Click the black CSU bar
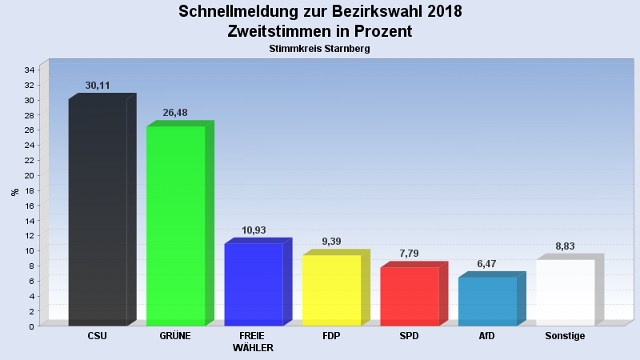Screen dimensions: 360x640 [98, 212]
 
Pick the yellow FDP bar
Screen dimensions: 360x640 [331, 290]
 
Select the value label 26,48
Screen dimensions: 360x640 [175, 113]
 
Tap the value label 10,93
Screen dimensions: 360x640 [254, 230]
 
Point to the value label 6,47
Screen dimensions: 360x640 [487, 263]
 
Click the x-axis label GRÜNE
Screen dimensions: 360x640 [175, 336]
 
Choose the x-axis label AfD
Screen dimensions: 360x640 [487, 336]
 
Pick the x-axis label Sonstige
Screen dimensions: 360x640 [565, 336]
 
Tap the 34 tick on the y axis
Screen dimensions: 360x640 [29, 70]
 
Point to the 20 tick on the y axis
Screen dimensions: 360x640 [29, 175]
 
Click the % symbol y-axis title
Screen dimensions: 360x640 [14, 192]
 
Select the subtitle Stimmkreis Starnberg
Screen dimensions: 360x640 [320, 49]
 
